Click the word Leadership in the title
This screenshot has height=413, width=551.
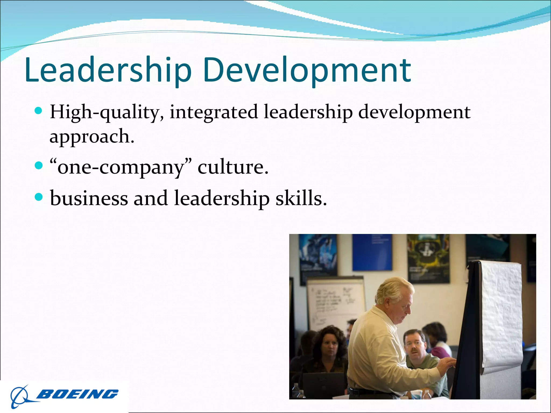pyautogui.click(x=108, y=70)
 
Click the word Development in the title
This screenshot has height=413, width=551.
pyautogui.click(x=307, y=70)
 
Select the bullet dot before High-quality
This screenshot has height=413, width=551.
pyautogui.click(x=39, y=111)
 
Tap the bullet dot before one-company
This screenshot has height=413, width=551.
pyautogui.click(x=39, y=166)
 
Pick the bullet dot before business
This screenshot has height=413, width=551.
pyautogui.click(x=39, y=197)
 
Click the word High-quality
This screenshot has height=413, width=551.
pyautogui.click(x=107, y=112)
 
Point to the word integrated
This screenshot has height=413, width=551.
pyautogui.click(x=214, y=112)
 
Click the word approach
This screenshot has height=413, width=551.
pyautogui.click(x=91, y=137)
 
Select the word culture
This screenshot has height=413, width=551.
pyautogui.click(x=233, y=167)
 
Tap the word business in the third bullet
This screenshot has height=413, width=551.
pyautogui.click(x=89, y=198)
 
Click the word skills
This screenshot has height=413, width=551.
pyautogui.click(x=301, y=198)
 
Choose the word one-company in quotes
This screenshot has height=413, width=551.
pyautogui.click(x=121, y=167)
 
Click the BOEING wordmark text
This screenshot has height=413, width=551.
pyautogui.click(x=77, y=394)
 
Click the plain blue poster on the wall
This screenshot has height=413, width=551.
pyautogui.click(x=372, y=252)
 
